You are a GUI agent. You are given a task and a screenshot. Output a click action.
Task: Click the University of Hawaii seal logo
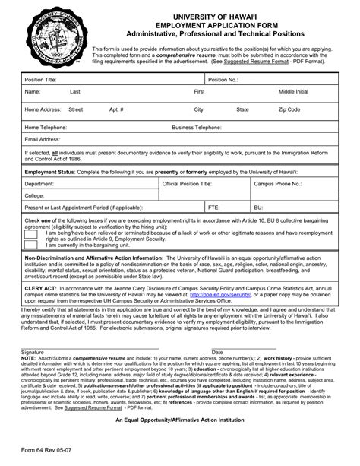[x=51, y=37]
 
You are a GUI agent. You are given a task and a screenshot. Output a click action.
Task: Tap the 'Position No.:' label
[x=223, y=79]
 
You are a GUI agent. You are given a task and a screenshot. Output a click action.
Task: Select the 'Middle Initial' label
[x=293, y=92]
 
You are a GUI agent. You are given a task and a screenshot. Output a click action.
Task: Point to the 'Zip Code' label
[x=290, y=109]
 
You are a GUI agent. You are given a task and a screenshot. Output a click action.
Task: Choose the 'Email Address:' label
[x=42, y=140]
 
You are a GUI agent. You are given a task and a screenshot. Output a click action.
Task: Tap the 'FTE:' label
[x=213, y=207]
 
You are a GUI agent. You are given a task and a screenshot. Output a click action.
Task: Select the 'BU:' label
[x=258, y=207]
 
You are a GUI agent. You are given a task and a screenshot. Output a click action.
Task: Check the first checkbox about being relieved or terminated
[x=32, y=235]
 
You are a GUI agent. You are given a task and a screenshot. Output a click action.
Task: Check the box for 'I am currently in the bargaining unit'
[x=32, y=246]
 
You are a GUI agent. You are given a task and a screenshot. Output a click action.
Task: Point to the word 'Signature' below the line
[x=33, y=353]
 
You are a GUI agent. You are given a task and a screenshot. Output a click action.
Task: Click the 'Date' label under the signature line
[x=217, y=353]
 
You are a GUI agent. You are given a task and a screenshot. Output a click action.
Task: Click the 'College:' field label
[x=35, y=195]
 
